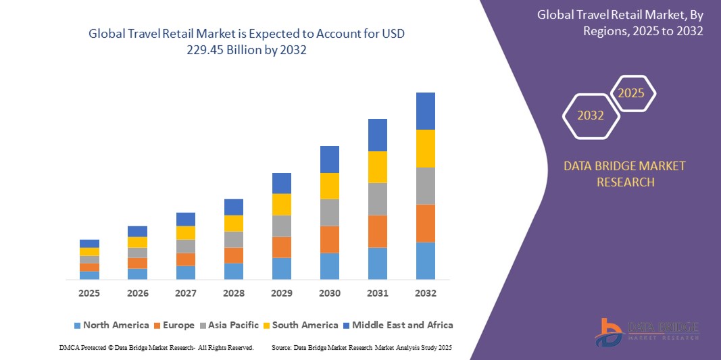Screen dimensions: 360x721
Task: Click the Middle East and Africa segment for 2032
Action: tap(425, 111)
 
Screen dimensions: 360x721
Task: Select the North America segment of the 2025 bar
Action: tap(89, 275)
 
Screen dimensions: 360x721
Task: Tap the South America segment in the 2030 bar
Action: tap(329, 186)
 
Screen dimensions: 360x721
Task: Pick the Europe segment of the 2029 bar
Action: tap(281, 247)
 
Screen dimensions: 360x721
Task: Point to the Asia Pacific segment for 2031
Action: tap(377, 199)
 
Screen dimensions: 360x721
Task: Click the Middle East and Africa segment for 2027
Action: tap(185, 219)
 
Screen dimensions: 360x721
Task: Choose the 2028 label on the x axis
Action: tap(233, 294)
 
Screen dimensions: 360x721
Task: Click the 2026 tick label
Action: tap(137, 294)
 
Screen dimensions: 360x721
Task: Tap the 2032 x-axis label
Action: tap(425, 294)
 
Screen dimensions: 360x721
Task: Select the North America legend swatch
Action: tap(77, 326)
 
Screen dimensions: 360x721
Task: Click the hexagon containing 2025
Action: tap(632, 93)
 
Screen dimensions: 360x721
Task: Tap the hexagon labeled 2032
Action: tap(591, 115)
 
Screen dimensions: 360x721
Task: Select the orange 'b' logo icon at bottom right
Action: tap(610, 332)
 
